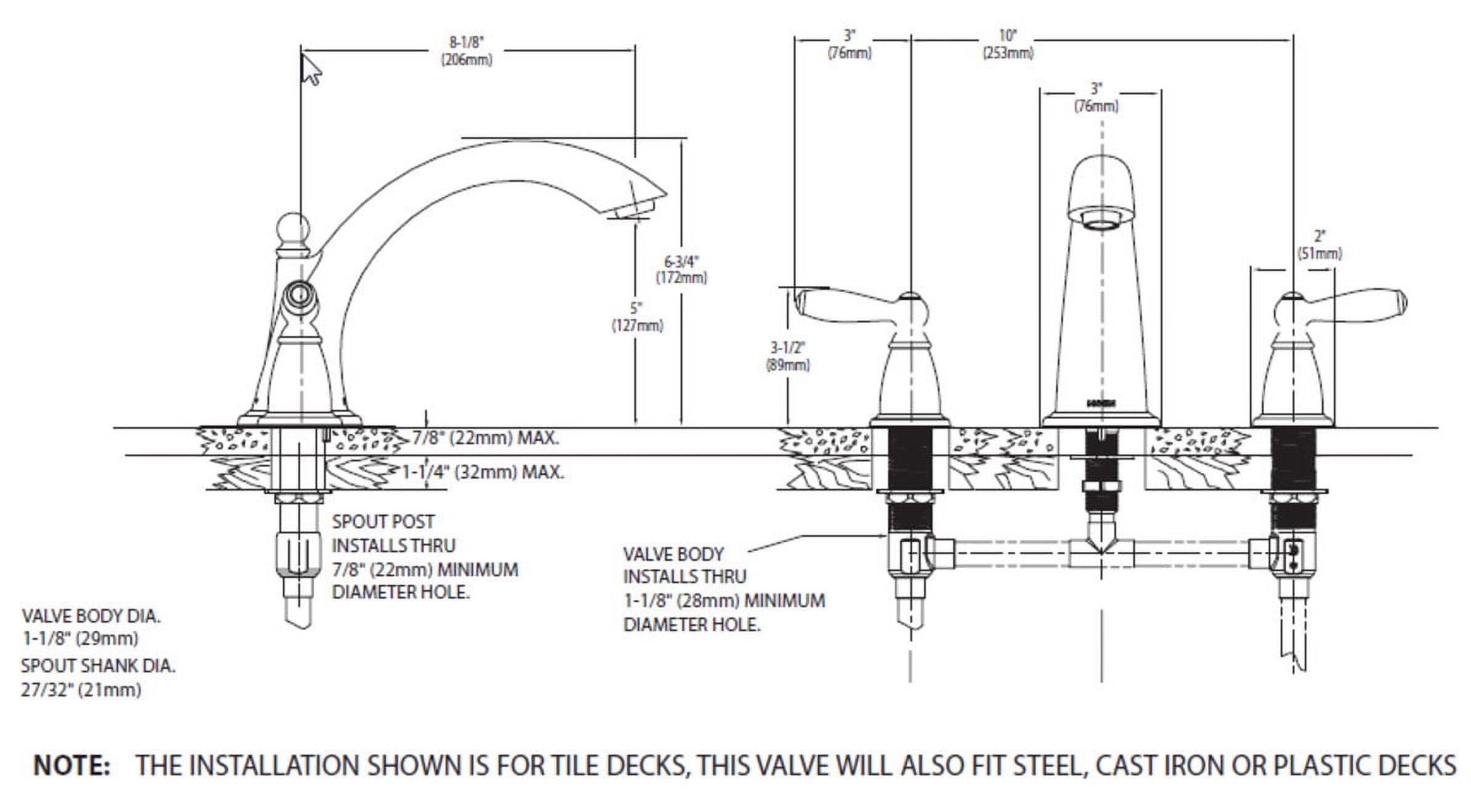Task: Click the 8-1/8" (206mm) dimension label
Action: point(466,51)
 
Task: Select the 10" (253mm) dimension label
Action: point(1007,44)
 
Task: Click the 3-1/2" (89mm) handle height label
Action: point(788,357)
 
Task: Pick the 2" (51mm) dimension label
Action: point(1319,245)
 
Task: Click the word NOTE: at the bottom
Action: point(72,766)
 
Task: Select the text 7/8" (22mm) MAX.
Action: point(485,439)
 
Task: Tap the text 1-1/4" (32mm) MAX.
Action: point(483,473)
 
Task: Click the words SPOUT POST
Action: point(383,522)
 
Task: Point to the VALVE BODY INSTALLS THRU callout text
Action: point(684,565)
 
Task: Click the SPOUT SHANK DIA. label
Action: point(98,666)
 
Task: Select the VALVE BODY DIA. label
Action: point(91,616)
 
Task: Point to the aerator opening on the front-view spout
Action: point(1101,222)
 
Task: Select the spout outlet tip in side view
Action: point(638,206)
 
